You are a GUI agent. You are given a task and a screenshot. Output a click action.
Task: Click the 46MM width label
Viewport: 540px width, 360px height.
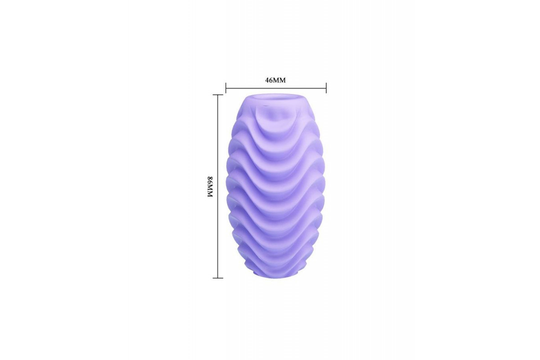pyautogui.click(x=275, y=80)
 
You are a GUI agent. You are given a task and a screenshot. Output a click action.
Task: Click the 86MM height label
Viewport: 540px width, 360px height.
pyautogui.click(x=210, y=187)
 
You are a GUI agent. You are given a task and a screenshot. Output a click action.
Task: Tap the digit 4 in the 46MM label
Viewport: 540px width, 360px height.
pyautogui.click(x=267, y=80)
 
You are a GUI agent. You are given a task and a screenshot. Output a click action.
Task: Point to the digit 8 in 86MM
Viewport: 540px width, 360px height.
pyautogui.click(x=210, y=179)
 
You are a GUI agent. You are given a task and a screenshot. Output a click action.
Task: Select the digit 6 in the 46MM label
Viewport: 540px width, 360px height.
pyautogui.click(x=271, y=80)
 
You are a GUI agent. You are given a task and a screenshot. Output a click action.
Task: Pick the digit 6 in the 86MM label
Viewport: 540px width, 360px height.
pyautogui.click(x=210, y=183)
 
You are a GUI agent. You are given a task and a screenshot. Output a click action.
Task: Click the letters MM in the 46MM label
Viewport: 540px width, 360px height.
pyautogui.click(x=279, y=80)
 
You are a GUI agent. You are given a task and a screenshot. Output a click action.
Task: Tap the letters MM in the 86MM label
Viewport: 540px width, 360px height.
pyautogui.click(x=210, y=191)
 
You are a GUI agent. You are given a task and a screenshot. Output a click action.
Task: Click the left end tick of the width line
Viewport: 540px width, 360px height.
pyautogui.click(x=226, y=88)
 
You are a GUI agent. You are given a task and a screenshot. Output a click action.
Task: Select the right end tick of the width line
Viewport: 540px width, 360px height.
pyautogui.click(x=326, y=88)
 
